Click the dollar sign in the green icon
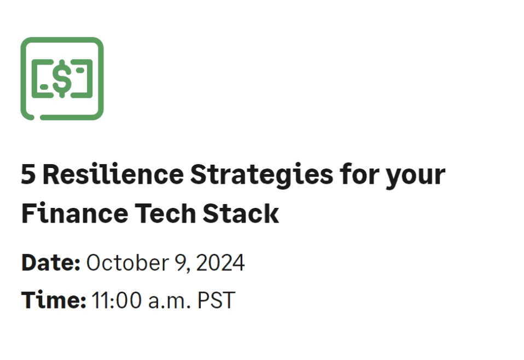62,78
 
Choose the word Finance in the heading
69,213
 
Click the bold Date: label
51,263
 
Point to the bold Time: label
54,300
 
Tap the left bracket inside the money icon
37,78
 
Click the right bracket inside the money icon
88,78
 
